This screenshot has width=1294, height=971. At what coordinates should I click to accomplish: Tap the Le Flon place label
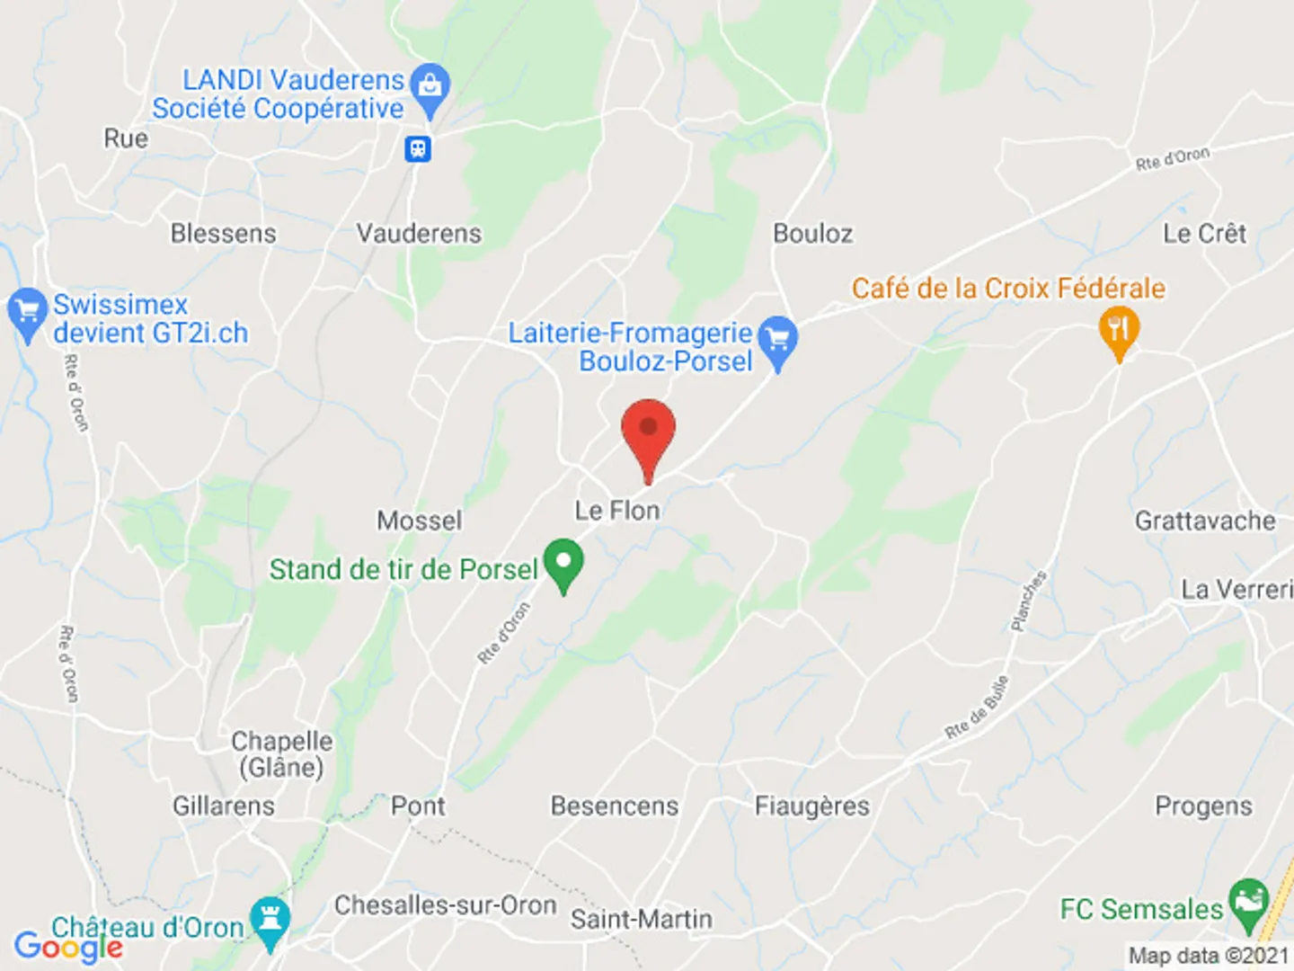point(617,511)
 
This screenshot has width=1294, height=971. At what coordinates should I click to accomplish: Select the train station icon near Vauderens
point(418,148)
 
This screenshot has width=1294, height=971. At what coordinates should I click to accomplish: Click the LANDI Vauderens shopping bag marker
point(430,87)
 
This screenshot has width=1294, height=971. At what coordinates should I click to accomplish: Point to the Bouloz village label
point(812,234)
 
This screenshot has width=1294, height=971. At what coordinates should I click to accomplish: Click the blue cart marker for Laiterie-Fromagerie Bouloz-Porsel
point(777,340)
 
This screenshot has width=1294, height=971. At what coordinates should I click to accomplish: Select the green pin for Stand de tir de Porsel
point(563,563)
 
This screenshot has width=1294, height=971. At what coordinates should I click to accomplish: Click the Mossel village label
point(419,521)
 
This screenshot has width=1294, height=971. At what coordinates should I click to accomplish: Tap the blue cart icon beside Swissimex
point(27,311)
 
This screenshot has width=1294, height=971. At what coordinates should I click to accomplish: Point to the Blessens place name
point(224,234)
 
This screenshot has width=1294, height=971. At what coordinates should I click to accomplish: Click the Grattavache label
point(1204,521)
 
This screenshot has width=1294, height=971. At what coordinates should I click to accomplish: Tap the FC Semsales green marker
point(1248,902)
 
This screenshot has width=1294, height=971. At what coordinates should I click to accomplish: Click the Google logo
point(68,946)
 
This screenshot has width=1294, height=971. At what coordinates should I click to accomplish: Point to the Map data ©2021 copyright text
point(1209,956)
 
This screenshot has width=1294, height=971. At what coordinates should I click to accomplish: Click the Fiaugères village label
point(811,806)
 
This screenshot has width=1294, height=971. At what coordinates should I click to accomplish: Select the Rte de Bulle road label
point(977,708)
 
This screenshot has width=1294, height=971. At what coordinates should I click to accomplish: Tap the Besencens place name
point(615,806)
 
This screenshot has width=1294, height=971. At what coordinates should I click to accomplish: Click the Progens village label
point(1203,806)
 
